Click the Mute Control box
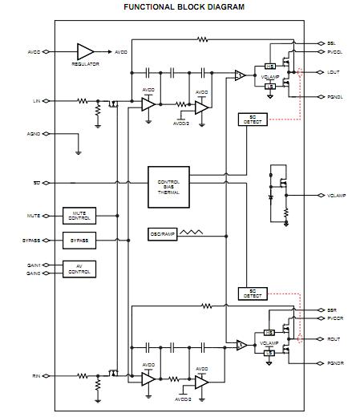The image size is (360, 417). click(x=79, y=217)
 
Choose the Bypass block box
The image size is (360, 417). click(x=79, y=241)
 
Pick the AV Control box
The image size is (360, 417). click(x=79, y=269)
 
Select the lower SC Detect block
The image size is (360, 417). click(x=253, y=294)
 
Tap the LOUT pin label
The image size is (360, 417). click(x=334, y=72)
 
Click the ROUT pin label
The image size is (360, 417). click(x=334, y=339)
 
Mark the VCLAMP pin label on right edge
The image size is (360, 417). click(x=337, y=195)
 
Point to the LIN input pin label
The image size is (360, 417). click(x=35, y=101)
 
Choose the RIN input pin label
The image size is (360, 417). click(x=35, y=375)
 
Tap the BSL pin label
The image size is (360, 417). click(x=332, y=43)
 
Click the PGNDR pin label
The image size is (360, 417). click(x=335, y=363)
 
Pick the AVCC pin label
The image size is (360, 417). click(x=34, y=52)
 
